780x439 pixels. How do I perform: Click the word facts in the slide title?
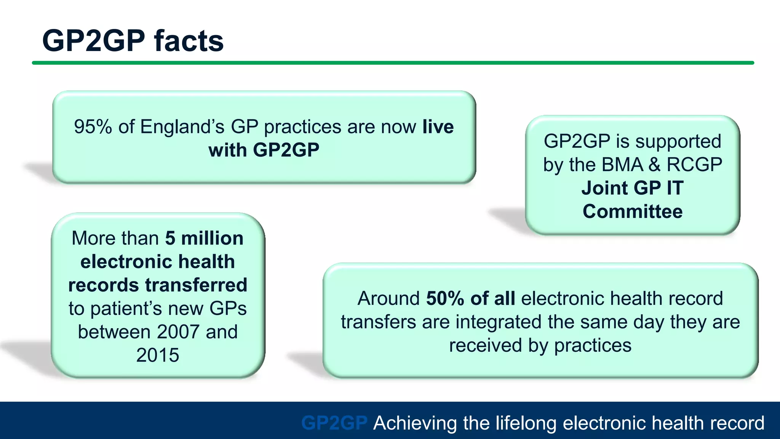[x=189, y=41]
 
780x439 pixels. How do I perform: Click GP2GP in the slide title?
[x=94, y=41]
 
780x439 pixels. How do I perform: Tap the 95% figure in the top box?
[x=93, y=127]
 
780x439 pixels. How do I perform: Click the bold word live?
[x=438, y=127]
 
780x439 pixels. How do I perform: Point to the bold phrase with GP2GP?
[x=264, y=150]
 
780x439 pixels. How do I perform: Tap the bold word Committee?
[x=632, y=211]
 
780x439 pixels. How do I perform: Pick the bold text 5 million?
[x=204, y=239]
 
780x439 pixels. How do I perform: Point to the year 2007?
[x=178, y=332]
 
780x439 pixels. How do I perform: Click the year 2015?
[x=158, y=355]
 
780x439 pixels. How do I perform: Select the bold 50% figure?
[x=444, y=298]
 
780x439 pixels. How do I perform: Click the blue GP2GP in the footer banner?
[x=334, y=423]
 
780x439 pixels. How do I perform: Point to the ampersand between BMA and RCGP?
[x=654, y=165]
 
